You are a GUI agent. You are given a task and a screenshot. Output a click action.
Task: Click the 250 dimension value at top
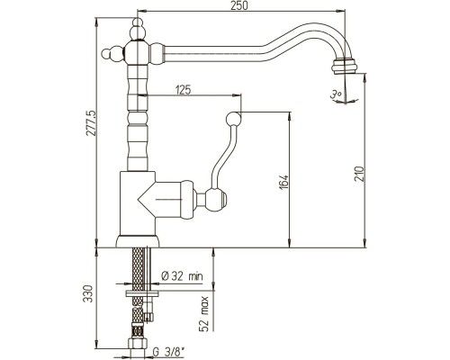pyautogui.click(x=239, y=5)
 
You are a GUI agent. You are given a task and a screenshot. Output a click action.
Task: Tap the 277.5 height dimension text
pyautogui.click(x=91, y=123)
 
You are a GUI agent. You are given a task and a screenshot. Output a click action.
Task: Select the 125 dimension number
pyautogui.click(x=183, y=89)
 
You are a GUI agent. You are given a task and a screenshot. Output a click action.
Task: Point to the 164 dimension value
pyautogui.click(x=283, y=182)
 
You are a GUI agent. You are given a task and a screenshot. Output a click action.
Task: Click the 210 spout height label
pyautogui.click(x=359, y=174)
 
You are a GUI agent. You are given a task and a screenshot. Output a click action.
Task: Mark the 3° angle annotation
pyautogui.click(x=336, y=94)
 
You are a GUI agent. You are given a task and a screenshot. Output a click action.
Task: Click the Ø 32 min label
pyautogui.click(x=182, y=275)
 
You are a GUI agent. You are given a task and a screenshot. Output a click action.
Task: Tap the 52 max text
pyautogui.click(x=204, y=314)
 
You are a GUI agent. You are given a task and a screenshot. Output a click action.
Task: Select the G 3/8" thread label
pyautogui.click(x=168, y=351)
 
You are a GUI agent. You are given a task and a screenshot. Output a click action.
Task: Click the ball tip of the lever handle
pyautogui.click(x=233, y=119)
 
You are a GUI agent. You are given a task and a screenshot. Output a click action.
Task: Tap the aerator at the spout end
pyautogui.click(x=345, y=66)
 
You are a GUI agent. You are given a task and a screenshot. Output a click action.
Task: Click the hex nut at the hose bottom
pyautogui.click(x=138, y=343)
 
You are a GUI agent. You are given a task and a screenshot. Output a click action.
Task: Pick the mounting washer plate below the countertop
pyautogui.click(x=141, y=293)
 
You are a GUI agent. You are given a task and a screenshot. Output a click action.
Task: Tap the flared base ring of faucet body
pyautogui.click(x=138, y=241)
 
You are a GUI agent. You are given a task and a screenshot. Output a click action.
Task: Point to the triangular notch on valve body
pyautogui.click(x=147, y=199)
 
